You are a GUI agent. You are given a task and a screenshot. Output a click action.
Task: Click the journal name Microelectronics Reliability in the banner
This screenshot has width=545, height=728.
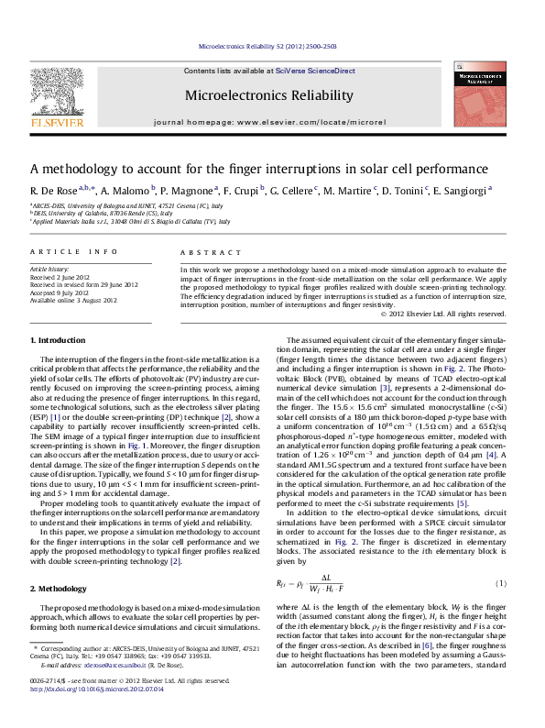point(269,95)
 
